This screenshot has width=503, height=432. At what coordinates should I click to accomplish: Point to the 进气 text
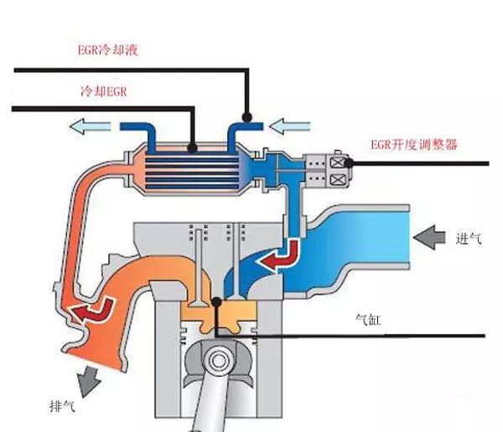coord(469,239)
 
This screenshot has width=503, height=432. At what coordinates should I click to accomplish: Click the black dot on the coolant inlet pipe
coord(247,116)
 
